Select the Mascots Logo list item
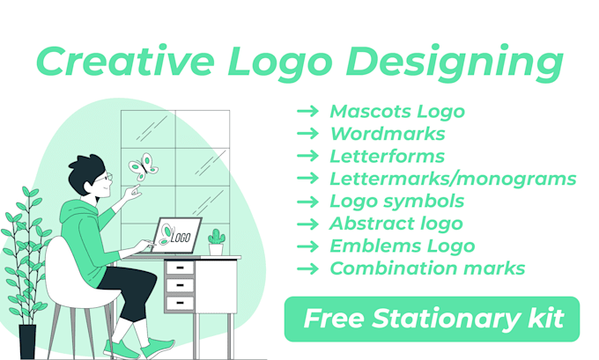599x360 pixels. pyautogui.click(x=396, y=112)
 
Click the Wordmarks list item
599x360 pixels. pyautogui.click(x=387, y=134)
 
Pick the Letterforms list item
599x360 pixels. pyautogui.click(x=387, y=157)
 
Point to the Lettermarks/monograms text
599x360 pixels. pyautogui.click(x=453, y=180)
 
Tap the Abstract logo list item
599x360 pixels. pyautogui.click(x=396, y=224)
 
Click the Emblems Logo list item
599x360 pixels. pyautogui.click(x=402, y=246)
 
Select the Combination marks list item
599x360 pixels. pyautogui.click(x=427, y=268)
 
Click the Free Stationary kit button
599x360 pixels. pyautogui.click(x=432, y=319)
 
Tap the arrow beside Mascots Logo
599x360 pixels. pyautogui.click(x=307, y=112)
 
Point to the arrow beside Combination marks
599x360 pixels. pyautogui.click(x=307, y=268)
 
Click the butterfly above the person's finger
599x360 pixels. pyautogui.click(x=143, y=166)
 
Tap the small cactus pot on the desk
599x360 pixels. pyautogui.click(x=216, y=242)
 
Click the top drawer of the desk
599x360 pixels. pyautogui.click(x=180, y=268)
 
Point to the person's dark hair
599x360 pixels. pyautogui.click(x=86, y=167)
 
